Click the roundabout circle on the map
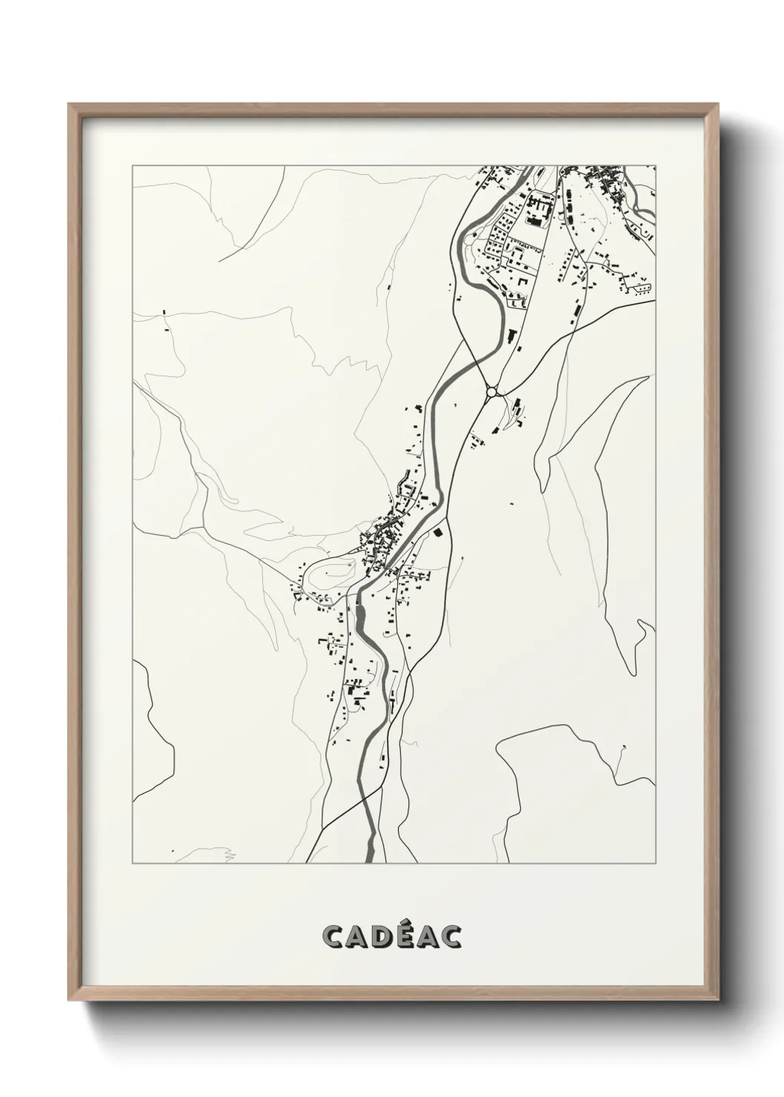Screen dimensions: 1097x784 tap(491, 391)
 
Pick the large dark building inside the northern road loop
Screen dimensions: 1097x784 tap(533, 220)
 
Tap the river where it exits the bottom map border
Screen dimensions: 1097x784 tap(370, 860)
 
